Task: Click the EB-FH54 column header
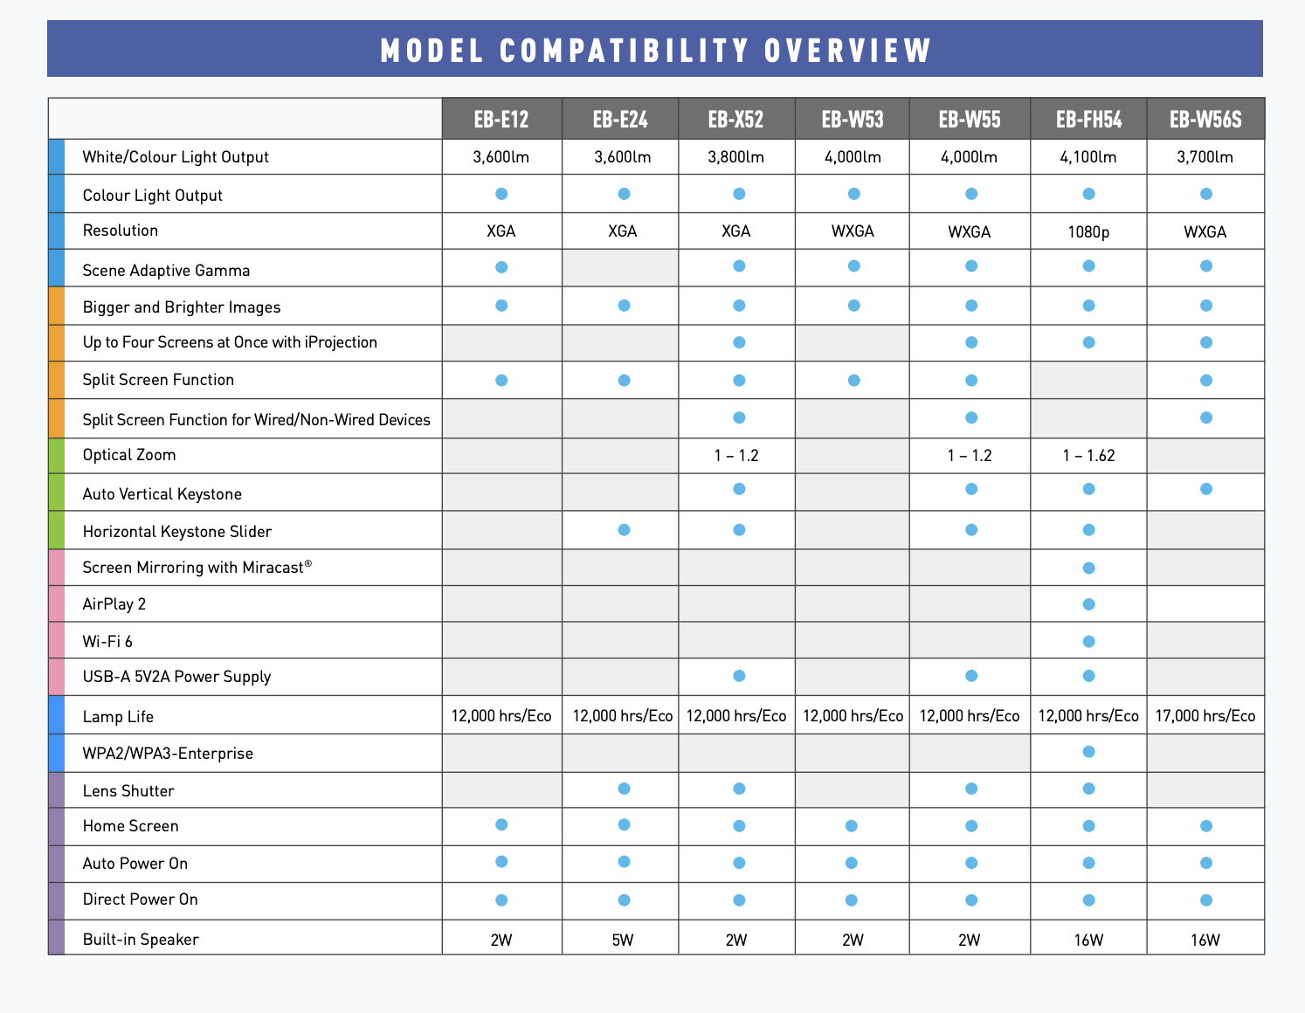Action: [x=1088, y=120]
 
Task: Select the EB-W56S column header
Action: [x=1205, y=120]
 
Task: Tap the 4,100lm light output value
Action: [x=1088, y=157]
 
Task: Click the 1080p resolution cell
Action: [x=1088, y=231]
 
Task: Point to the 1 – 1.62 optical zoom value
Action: [x=1088, y=455]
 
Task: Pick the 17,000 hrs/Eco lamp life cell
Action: [x=1205, y=716]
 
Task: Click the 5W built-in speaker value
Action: [x=622, y=940]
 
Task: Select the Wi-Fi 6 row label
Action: [x=107, y=642]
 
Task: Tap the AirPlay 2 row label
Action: [x=114, y=604]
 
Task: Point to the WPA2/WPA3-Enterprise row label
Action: [x=168, y=754]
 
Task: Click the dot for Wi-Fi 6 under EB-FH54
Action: [x=1088, y=642]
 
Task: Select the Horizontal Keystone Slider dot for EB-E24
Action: [x=624, y=530]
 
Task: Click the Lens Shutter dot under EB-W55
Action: [x=971, y=789]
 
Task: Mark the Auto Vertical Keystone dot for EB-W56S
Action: [x=1206, y=489]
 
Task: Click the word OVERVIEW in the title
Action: [x=848, y=50]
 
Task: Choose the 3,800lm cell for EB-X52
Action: [x=736, y=157]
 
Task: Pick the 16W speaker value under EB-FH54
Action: [x=1088, y=940]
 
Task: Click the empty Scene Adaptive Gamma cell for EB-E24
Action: [x=620, y=268]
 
